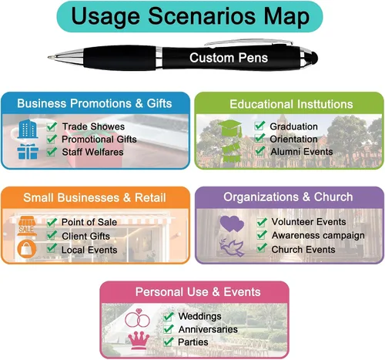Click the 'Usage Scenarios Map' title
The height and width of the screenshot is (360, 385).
point(190,16)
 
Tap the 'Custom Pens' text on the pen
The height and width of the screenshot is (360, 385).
point(229,58)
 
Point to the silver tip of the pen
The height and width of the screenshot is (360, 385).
point(52,57)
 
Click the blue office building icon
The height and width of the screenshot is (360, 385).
point(28,129)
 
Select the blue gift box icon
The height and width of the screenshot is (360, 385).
point(28,151)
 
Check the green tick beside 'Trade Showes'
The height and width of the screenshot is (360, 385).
point(52,126)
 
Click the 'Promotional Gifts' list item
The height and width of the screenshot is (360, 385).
point(99,140)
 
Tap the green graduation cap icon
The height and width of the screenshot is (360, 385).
point(230,128)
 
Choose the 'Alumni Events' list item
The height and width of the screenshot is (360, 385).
point(302,152)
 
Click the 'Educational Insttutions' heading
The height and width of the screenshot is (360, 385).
point(291,104)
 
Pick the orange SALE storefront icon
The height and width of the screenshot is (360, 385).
point(26,226)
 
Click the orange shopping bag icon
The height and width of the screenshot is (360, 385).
point(27,249)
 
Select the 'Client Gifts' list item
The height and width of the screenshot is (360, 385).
point(85,236)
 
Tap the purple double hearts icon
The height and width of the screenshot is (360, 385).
point(232,224)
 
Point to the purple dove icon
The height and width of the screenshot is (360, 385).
point(232,247)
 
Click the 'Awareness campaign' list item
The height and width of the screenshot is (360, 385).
point(318,235)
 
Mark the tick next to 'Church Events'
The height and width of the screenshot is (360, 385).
point(262,247)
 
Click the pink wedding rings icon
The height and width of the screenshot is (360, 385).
point(137,318)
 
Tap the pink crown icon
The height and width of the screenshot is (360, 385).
point(139,341)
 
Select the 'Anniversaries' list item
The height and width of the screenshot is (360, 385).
point(208,329)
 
